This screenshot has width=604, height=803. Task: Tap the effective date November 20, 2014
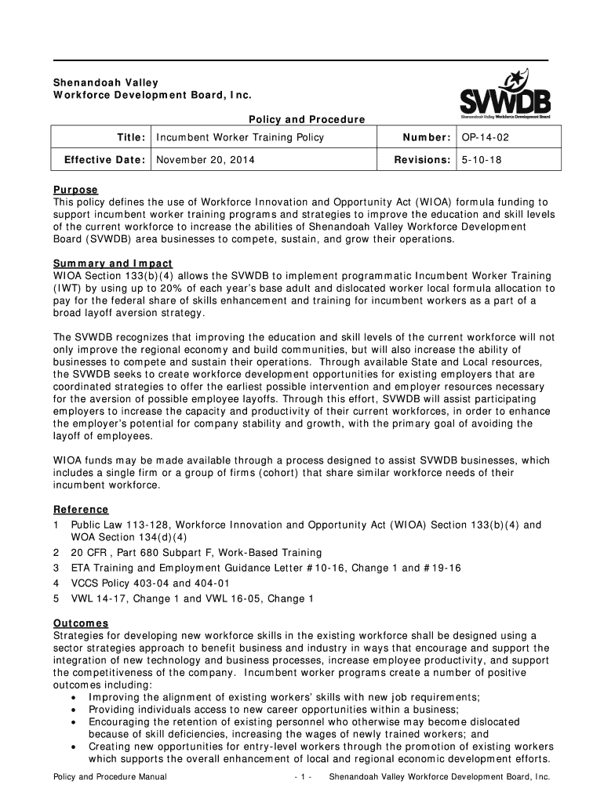click(x=205, y=160)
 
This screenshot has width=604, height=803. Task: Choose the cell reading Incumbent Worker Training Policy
click(x=240, y=138)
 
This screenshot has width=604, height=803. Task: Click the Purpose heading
click(x=75, y=190)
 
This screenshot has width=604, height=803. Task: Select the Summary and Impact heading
click(x=112, y=263)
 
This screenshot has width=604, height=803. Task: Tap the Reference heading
click(x=81, y=510)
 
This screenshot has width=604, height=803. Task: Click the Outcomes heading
click(x=82, y=623)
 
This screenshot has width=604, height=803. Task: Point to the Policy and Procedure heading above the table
click(x=307, y=119)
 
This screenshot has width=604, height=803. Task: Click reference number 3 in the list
click(x=56, y=567)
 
